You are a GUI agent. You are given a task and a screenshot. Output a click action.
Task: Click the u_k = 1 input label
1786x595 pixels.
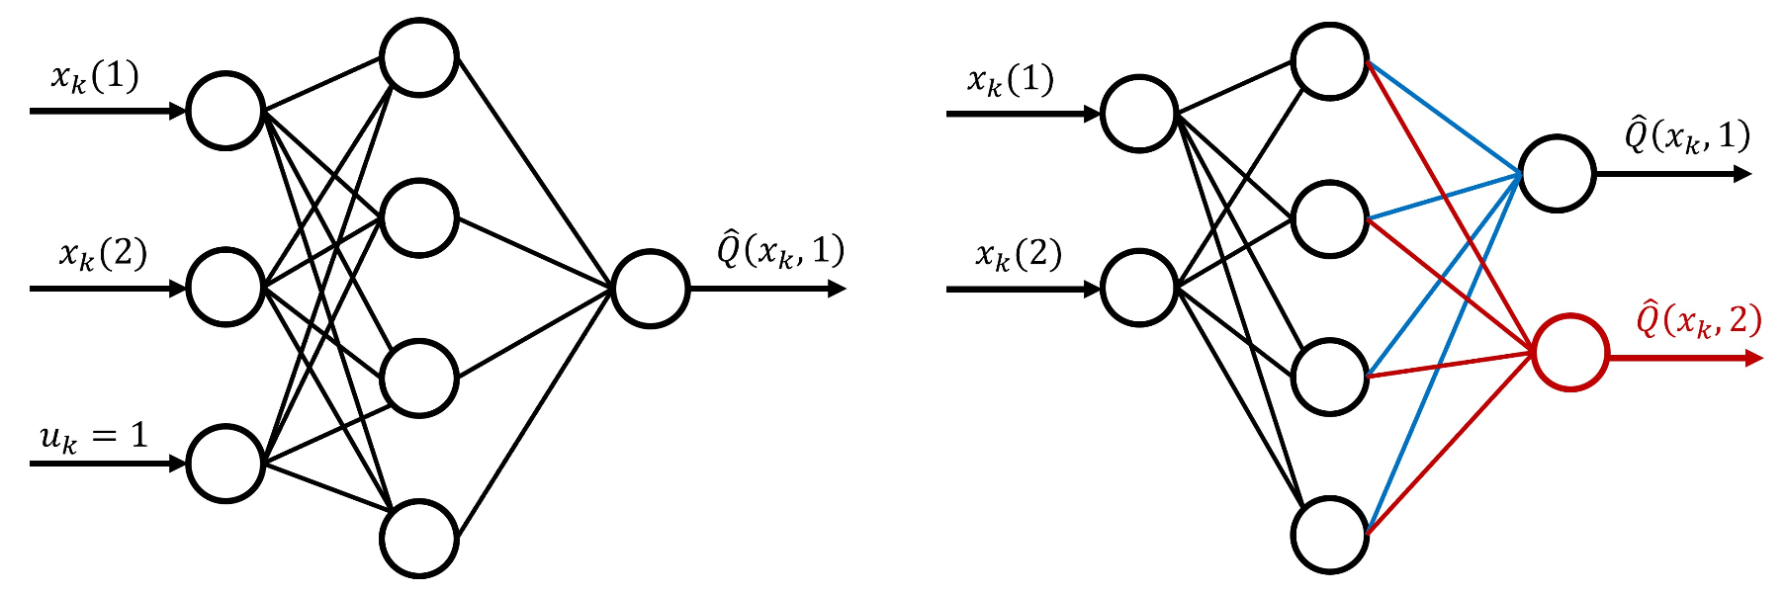pyautogui.click(x=94, y=437)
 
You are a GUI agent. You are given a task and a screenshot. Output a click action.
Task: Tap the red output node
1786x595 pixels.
pyautogui.click(x=1570, y=353)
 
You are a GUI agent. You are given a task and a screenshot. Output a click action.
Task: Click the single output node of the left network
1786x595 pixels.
pyautogui.click(x=650, y=289)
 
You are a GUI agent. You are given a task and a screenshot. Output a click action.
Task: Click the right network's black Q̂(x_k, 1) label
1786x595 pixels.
pyautogui.click(x=1687, y=135)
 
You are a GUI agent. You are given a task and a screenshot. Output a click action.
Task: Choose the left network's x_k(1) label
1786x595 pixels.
pyautogui.click(x=95, y=77)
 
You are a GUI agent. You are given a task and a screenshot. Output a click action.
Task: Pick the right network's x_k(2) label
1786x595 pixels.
pyautogui.click(x=1019, y=255)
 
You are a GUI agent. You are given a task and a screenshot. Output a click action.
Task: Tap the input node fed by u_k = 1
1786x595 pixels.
pyautogui.click(x=225, y=464)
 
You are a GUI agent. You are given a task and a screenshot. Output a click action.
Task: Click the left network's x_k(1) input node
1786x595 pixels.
pyautogui.click(x=225, y=111)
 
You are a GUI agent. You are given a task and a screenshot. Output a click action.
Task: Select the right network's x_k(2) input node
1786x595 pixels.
pyautogui.click(x=1139, y=289)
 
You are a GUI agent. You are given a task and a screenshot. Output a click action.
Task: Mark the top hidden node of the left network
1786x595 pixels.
pyautogui.click(x=419, y=57)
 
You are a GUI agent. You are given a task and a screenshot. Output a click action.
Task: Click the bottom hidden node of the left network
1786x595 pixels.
pyautogui.click(x=419, y=540)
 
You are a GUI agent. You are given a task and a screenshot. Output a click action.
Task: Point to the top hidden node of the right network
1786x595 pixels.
pyautogui.click(x=1330, y=60)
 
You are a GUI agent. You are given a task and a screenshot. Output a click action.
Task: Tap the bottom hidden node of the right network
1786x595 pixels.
pyautogui.click(x=1330, y=535)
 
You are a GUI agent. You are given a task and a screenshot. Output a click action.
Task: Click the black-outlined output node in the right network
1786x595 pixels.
pyautogui.click(x=1557, y=174)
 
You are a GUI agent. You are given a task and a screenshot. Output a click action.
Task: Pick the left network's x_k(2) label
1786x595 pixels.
pyautogui.click(x=103, y=254)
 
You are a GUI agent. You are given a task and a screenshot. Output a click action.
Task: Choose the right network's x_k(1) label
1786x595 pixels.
pyautogui.click(x=1011, y=80)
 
